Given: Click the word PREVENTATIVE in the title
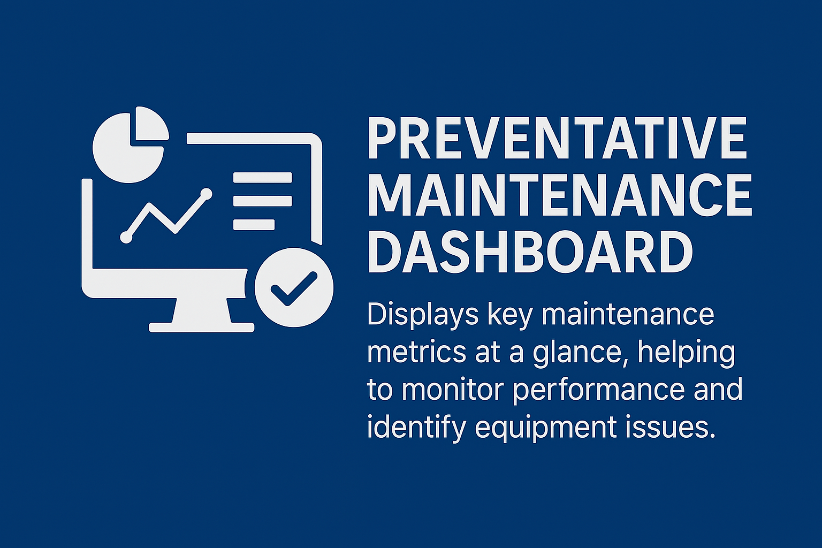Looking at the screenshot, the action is pyautogui.click(x=558, y=139).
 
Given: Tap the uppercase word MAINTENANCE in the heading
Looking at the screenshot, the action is pyautogui.click(x=560, y=195).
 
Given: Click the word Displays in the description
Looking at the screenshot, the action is pyautogui.click(x=423, y=315).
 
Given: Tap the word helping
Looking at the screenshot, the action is pyautogui.click(x=687, y=354).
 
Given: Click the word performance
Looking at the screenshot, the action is pyautogui.click(x=598, y=391).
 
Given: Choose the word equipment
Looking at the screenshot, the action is pyautogui.click(x=545, y=429).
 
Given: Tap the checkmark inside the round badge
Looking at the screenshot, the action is pyautogui.click(x=294, y=289).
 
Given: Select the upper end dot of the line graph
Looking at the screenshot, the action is pyautogui.click(x=206, y=194).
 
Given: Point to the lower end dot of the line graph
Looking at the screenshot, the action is pyautogui.click(x=126, y=238).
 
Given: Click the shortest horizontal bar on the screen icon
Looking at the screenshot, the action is pyautogui.click(x=254, y=225).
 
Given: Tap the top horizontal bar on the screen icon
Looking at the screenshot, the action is pyautogui.click(x=263, y=178).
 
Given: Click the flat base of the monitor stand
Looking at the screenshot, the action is pyautogui.click(x=201, y=328).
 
